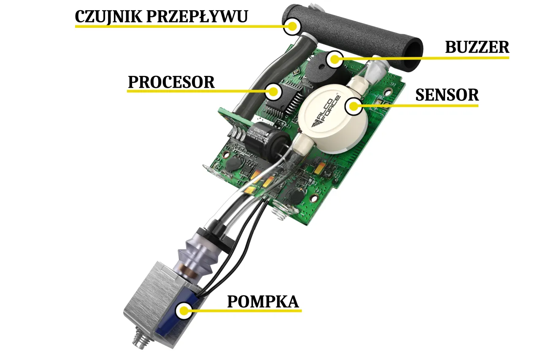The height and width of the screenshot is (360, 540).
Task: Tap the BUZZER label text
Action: (477, 47)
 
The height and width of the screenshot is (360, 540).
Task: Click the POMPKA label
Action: (263, 302)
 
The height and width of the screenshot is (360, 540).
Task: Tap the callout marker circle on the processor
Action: (273, 92)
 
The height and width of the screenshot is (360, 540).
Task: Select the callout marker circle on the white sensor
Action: (354, 106)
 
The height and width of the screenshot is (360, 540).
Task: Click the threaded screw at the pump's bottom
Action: (139, 340)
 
